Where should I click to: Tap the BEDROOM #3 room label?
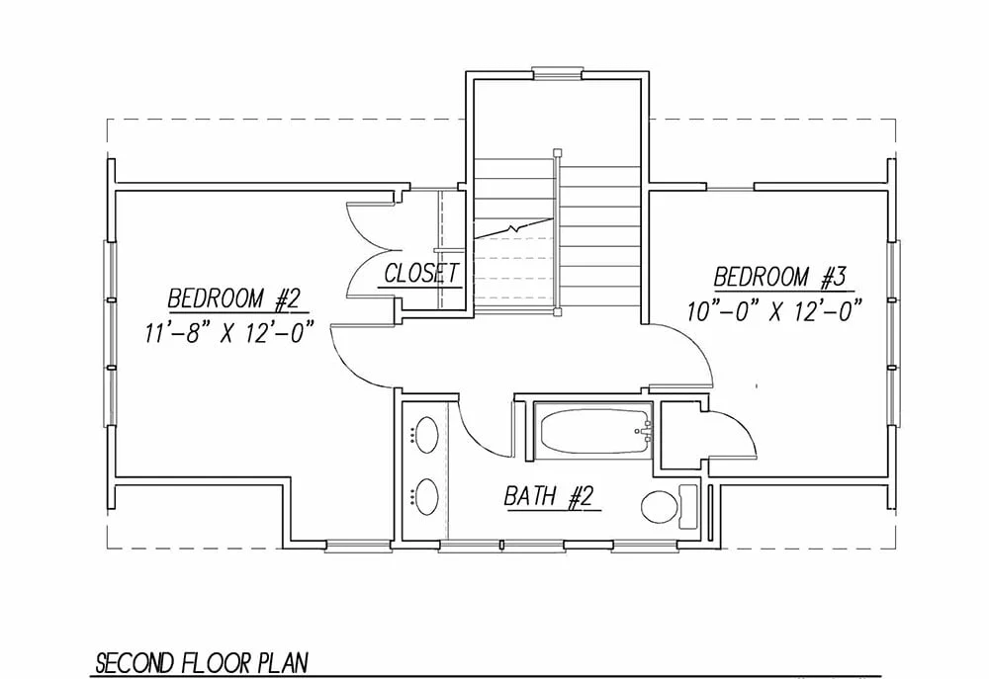pos(779,278)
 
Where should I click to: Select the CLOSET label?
pos(421,274)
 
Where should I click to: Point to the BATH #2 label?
pos(549,496)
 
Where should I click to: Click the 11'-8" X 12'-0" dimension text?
pos(229,332)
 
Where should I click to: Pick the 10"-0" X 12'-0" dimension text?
pos(774,311)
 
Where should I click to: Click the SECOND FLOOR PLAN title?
pos(202,663)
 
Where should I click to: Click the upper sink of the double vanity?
pos(426,434)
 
